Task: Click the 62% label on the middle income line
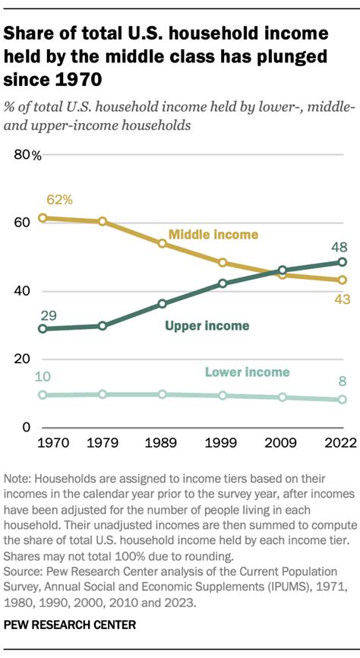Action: point(58,200)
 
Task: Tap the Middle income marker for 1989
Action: point(162,244)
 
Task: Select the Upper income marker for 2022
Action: point(343,262)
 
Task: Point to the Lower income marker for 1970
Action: point(43,395)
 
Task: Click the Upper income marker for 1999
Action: point(223,283)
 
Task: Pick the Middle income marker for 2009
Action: point(283,274)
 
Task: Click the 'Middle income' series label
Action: point(213,234)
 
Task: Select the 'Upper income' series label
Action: point(207,326)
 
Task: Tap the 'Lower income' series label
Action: point(248,372)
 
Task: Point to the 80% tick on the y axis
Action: point(30,156)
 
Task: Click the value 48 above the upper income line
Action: point(341,246)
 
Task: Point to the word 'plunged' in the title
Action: point(289,55)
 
